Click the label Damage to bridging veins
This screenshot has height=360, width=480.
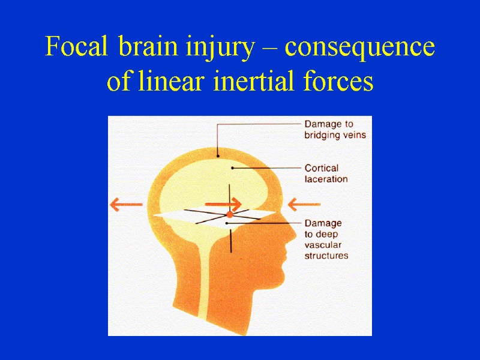pos(335,130)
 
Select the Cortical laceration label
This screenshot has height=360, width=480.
pos(326,173)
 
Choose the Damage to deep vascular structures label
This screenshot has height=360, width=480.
pos(326,239)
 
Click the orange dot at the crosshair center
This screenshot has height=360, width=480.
pos(229,214)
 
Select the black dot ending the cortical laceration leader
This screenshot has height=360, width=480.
pos(233,168)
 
